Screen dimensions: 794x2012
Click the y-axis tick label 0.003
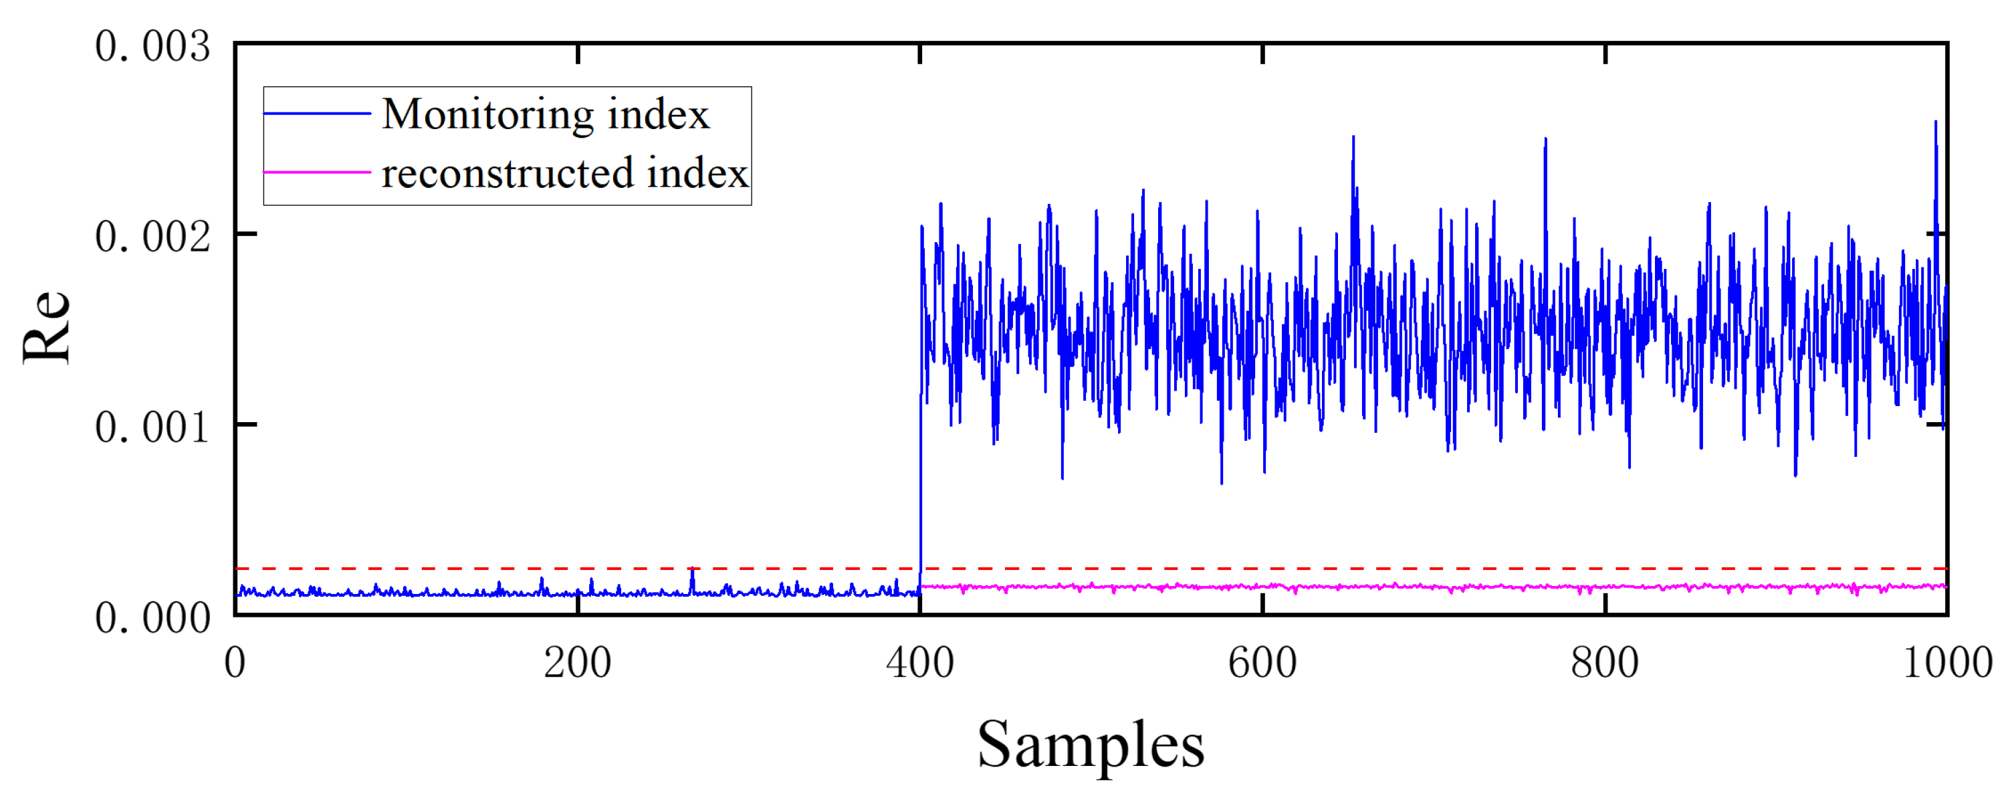(152, 47)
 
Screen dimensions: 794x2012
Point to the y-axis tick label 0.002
(152, 237)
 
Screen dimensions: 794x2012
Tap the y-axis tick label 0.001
(152, 427)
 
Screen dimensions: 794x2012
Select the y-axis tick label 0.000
(152, 618)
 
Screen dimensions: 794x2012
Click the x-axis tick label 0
(235, 663)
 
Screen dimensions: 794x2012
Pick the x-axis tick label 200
(577, 663)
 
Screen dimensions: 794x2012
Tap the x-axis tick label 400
(919, 663)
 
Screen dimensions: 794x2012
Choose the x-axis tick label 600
(1262, 663)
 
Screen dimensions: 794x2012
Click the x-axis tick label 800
(1604, 663)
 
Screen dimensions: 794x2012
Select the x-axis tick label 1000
(1947, 663)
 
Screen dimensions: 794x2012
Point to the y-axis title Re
(47, 326)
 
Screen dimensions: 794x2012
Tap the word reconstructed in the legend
(507, 173)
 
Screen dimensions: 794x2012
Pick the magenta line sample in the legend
(317, 172)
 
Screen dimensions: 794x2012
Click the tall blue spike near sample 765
(1545, 140)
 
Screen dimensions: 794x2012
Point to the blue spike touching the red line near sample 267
(692, 571)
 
